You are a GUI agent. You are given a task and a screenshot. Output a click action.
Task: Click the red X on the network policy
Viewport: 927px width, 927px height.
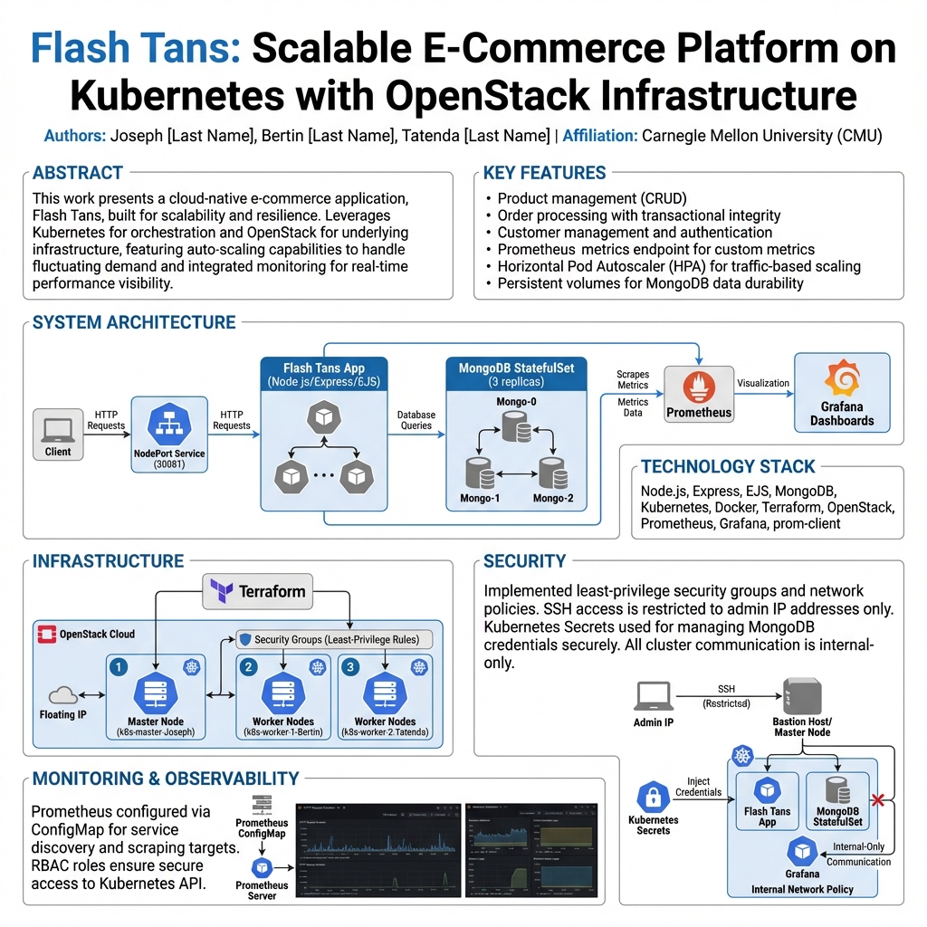click(876, 799)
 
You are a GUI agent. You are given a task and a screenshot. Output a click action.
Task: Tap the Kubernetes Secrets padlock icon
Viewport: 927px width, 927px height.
click(653, 797)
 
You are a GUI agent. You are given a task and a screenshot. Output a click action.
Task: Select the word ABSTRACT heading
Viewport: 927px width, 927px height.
click(78, 173)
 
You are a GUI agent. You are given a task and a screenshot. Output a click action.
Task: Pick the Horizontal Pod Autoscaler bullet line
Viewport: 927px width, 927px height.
click(679, 266)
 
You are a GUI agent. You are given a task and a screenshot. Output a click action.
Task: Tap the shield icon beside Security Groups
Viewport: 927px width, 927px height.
click(244, 639)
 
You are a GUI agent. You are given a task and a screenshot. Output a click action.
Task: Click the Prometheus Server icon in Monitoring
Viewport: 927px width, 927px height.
click(263, 867)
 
